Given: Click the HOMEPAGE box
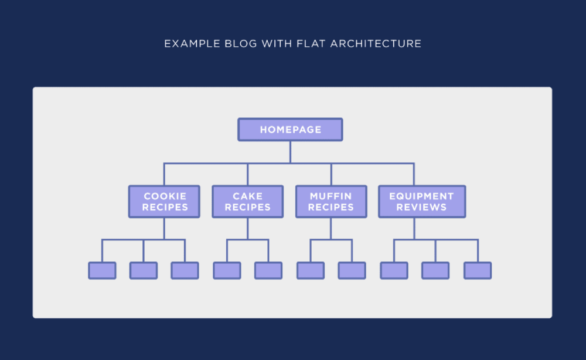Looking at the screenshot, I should tap(290, 130).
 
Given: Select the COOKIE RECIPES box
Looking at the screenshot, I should tap(164, 202).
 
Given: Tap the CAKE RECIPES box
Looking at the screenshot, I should tap(247, 202).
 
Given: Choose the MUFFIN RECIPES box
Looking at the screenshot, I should tap(331, 202).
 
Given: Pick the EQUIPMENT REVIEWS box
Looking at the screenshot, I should tap(421, 202).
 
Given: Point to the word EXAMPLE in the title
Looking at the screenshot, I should tap(189, 44).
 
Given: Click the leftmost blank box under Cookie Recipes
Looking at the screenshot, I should tap(102, 270).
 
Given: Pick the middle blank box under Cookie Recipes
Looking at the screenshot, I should tap(144, 270).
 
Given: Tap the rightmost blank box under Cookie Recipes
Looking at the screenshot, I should tap(185, 270).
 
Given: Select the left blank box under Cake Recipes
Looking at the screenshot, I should tap(227, 270).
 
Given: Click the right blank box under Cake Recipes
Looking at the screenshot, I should tap(268, 270).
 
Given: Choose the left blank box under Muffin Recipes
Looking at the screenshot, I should tap(311, 270).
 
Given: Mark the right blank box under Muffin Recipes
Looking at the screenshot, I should tap(352, 270).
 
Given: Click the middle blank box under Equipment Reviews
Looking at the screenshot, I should tap(435, 270).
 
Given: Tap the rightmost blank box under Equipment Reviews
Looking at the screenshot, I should tap(478, 270).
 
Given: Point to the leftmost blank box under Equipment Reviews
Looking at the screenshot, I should tap(394, 270).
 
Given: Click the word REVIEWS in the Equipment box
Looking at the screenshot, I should tap(421, 208).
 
